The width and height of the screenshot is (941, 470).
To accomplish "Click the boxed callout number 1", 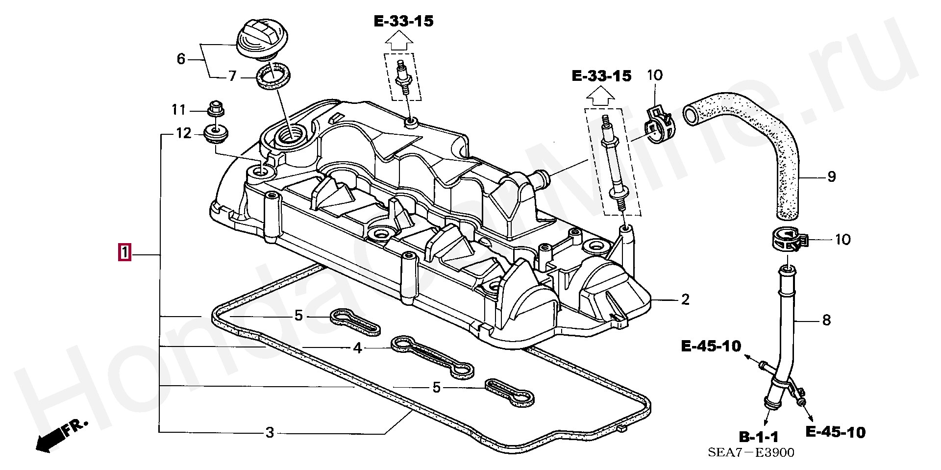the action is (x=124, y=253).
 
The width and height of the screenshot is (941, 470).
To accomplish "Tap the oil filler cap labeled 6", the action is (x=263, y=39).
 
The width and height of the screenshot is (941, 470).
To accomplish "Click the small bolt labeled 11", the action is (x=216, y=109).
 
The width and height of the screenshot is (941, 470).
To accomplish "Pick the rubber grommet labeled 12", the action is (x=216, y=133).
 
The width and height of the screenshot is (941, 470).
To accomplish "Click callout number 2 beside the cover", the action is (x=685, y=299).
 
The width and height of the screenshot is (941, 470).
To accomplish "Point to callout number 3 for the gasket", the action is (x=270, y=433).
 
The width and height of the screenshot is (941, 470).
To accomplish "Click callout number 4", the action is (x=358, y=348).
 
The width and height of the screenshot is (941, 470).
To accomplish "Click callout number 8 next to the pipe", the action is (x=826, y=321).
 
